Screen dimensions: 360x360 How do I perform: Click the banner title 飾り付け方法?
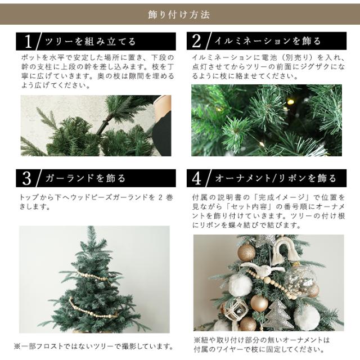[179, 15]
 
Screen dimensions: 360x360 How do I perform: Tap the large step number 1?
[28, 41]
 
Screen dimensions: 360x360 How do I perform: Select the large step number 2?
[196, 41]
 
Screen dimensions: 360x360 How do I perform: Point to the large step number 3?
[26, 178]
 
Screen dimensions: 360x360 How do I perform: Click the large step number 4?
[196, 178]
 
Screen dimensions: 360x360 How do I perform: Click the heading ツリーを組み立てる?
[91, 42]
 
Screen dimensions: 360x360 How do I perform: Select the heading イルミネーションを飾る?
[268, 41]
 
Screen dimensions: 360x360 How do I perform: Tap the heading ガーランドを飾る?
[85, 178]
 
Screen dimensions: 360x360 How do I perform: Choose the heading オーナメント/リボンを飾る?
[276, 178]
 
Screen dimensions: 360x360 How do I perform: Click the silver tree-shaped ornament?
[278, 315]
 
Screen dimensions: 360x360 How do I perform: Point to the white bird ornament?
[263, 268]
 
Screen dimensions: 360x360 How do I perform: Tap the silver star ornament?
[266, 240]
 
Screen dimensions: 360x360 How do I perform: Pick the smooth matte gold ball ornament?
[259, 303]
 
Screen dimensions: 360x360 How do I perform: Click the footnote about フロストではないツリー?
[94, 346]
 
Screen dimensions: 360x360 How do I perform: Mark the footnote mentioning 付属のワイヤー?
[261, 345]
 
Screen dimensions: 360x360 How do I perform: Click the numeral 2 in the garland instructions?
[160, 197]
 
